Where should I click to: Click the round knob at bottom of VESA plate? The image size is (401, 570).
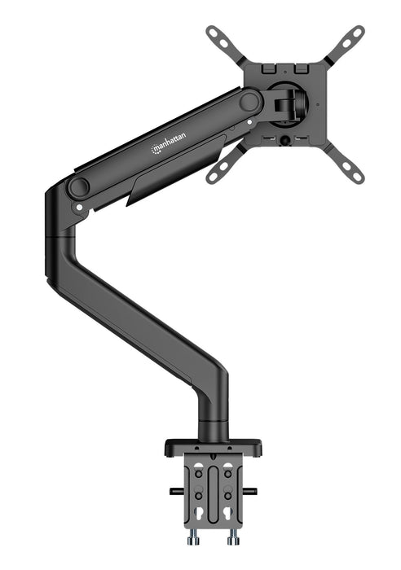[286, 141]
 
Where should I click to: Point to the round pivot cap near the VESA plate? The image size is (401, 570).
[250, 102]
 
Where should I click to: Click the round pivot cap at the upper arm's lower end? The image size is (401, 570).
[78, 186]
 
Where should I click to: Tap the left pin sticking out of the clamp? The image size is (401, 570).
[175, 490]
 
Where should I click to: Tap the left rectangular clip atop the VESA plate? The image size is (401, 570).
[271, 62]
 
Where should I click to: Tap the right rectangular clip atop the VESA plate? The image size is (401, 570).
[300, 62]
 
